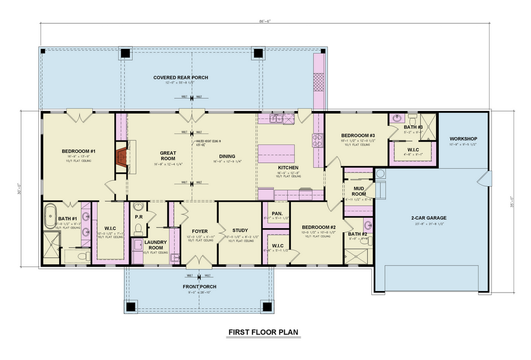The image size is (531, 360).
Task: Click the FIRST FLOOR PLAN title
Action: [x=264, y=333]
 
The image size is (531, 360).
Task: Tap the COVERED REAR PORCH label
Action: [x=180, y=78]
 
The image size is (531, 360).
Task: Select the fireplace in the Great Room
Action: [x=121, y=156]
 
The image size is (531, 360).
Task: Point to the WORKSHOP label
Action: [x=463, y=139]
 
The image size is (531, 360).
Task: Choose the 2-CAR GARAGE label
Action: [x=428, y=218]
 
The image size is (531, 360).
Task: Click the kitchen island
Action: [x=276, y=154]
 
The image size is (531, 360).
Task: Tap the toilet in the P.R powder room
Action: [x=138, y=228]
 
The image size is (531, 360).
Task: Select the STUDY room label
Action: [x=240, y=230]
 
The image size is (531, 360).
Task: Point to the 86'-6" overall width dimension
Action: [x=265, y=21]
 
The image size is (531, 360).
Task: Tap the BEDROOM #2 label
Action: [x=318, y=227]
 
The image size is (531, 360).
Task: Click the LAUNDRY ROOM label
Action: [x=156, y=244]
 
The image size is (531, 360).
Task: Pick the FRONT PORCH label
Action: [x=199, y=287]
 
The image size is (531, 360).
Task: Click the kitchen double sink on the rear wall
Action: [x=276, y=119]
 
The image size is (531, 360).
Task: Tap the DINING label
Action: [x=227, y=156]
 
